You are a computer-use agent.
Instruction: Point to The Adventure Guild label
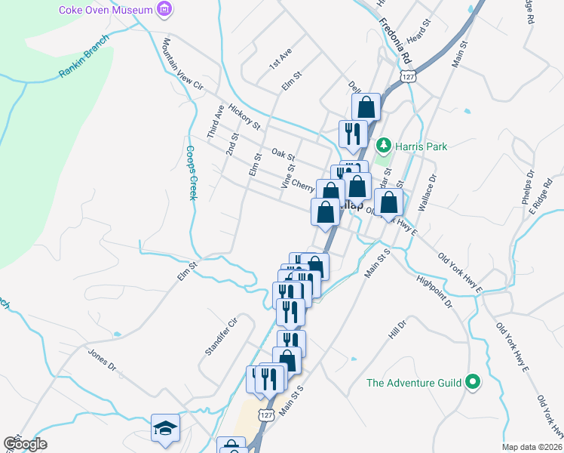click(x=413, y=383)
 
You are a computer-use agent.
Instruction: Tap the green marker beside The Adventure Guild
click(x=473, y=383)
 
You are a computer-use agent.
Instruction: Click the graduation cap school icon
click(x=165, y=428)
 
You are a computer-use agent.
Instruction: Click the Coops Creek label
click(x=192, y=173)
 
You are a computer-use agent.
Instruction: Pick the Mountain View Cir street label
click(x=183, y=66)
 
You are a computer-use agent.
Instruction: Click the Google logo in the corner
click(x=25, y=444)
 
